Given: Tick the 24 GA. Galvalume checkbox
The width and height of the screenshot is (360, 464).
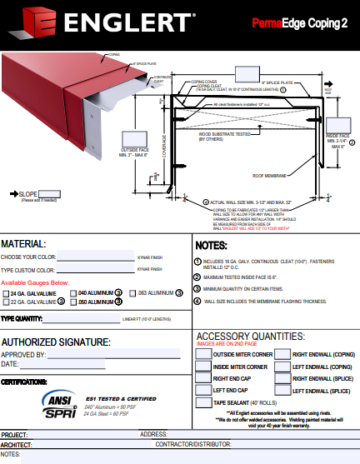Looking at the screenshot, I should (6, 293).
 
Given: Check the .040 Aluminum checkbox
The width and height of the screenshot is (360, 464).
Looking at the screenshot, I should (73, 293).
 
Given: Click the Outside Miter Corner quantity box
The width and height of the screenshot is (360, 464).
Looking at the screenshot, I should (202, 354).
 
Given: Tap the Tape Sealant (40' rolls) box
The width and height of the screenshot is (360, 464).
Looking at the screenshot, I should (202, 402).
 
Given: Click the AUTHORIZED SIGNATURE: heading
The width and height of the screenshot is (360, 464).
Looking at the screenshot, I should (56, 342).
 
